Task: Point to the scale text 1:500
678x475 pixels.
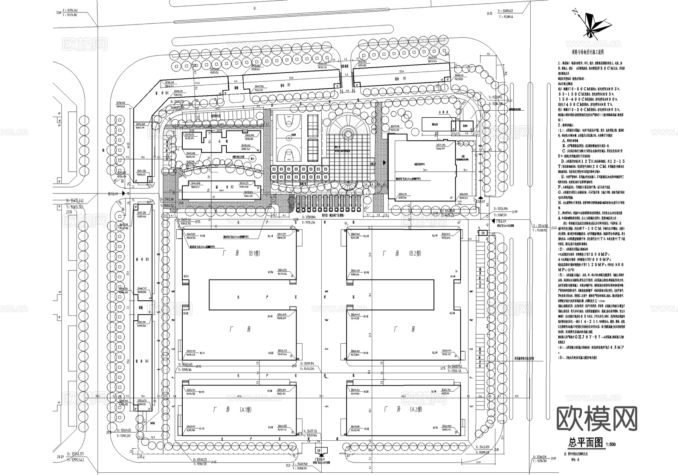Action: click(x=611, y=445)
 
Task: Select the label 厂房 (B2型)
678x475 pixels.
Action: click(x=403, y=253)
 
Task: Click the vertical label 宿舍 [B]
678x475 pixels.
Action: click(x=136, y=262)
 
